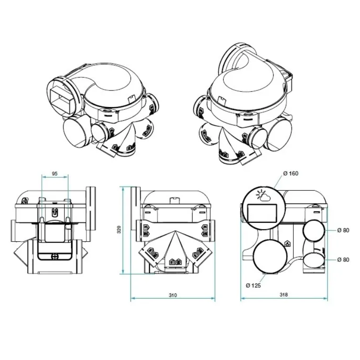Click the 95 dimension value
click(x=54, y=173)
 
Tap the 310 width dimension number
click(x=173, y=295)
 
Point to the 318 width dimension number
click(x=283, y=295)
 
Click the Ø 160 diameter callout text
click(x=290, y=173)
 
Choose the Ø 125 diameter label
click(x=253, y=285)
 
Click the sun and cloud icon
click(x=262, y=196)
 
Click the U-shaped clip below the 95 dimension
click(x=54, y=213)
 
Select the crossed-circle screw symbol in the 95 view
click(x=55, y=256)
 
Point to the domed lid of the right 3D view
click(x=247, y=81)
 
